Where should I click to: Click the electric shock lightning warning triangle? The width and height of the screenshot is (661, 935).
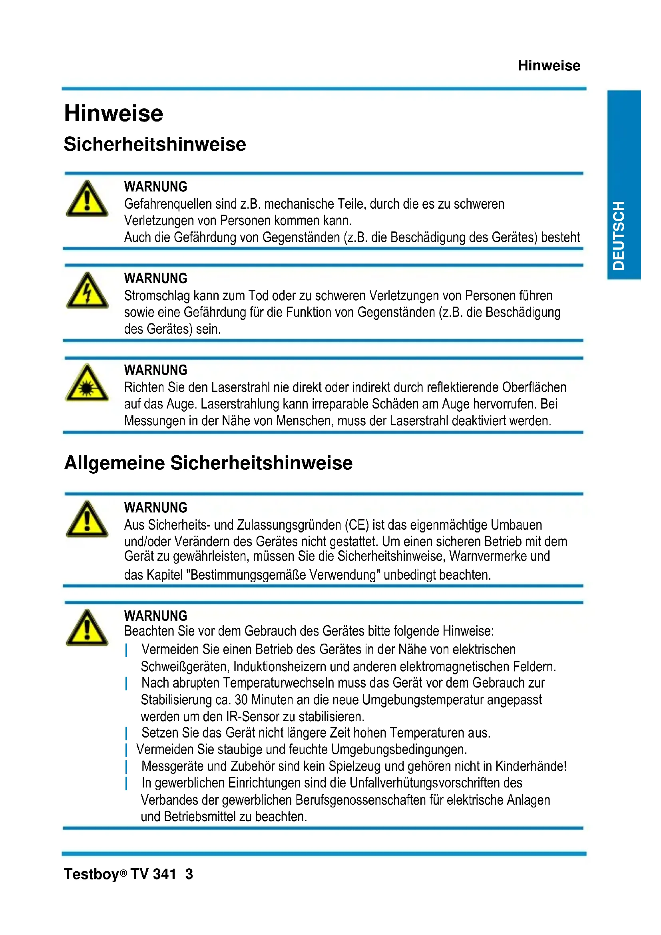(87, 291)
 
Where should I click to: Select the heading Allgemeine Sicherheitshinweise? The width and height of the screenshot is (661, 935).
(208, 463)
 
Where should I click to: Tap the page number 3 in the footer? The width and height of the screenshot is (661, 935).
(189, 874)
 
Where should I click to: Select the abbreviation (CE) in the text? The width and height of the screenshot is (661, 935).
(357, 525)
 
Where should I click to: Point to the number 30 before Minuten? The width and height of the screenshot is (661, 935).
(241, 700)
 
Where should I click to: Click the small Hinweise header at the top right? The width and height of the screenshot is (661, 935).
(549, 66)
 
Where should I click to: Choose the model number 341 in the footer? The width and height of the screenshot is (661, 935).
(164, 874)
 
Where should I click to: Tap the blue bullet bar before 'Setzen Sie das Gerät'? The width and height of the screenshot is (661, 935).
(127, 734)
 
